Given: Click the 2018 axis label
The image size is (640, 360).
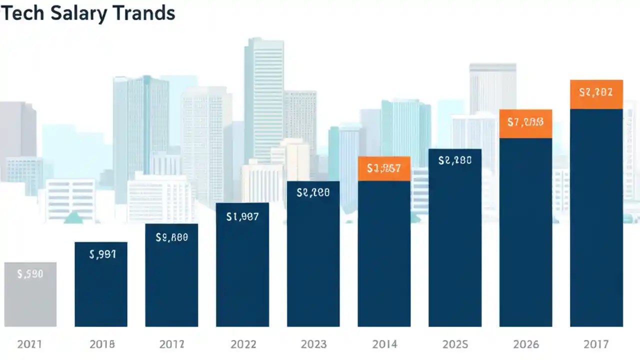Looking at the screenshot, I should pyautogui.click(x=102, y=344).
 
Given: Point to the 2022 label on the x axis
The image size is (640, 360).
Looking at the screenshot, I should pyautogui.click(x=243, y=344).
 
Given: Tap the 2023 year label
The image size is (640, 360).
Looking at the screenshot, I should pyautogui.click(x=314, y=344).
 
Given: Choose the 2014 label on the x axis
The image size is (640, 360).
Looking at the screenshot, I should pyautogui.click(x=384, y=344).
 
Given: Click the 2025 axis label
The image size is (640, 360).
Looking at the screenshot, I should pyautogui.click(x=455, y=344).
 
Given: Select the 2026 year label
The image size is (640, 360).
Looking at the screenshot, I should pyautogui.click(x=526, y=344).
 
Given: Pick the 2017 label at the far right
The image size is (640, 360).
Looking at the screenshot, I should pyautogui.click(x=596, y=344).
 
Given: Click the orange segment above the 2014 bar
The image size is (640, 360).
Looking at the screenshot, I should pyautogui.click(x=384, y=168).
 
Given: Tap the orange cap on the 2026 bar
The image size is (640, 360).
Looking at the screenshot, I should pyautogui.click(x=525, y=123).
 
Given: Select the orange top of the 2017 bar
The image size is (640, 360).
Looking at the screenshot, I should pyautogui.click(x=596, y=94).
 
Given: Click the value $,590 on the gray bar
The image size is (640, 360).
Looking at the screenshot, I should pyautogui.click(x=30, y=274).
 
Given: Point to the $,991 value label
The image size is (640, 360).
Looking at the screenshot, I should pyautogui.click(x=102, y=254).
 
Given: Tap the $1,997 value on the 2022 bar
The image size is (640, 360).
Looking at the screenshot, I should pyautogui.click(x=242, y=216).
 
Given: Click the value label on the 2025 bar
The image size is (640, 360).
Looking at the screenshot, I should pyautogui.click(x=455, y=160).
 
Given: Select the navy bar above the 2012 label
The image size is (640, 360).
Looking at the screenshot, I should pyautogui.click(x=171, y=280).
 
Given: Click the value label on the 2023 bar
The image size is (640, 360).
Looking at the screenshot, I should pyautogui.click(x=313, y=192).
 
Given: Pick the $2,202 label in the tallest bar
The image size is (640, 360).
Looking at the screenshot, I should pyautogui.click(x=596, y=92).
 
